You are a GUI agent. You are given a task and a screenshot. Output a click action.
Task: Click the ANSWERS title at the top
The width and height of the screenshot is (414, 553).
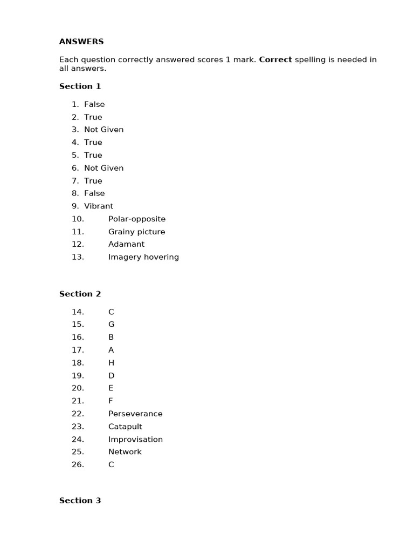pyautogui.click(x=81, y=42)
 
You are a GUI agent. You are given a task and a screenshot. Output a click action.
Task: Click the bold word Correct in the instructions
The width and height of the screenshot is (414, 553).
pyautogui.click(x=275, y=59)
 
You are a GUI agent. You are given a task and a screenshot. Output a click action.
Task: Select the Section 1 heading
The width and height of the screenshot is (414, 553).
pyautogui.click(x=80, y=86)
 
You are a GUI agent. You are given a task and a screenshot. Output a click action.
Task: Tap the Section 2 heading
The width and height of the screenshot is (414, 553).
pyautogui.click(x=80, y=294)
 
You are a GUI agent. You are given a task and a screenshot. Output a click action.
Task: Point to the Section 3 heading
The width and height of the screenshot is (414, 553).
pyautogui.click(x=80, y=501)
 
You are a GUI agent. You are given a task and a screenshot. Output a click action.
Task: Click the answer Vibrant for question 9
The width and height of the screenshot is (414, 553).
pyautogui.click(x=99, y=206)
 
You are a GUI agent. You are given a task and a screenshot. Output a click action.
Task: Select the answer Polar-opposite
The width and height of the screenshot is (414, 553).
pyautogui.click(x=137, y=219)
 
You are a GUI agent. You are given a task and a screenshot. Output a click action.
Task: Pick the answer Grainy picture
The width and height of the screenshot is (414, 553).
pyautogui.click(x=136, y=232)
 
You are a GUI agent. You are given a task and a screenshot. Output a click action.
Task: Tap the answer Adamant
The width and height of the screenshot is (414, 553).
pyautogui.click(x=126, y=244)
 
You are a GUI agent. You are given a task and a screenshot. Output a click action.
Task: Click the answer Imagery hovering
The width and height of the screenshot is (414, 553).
pyautogui.click(x=143, y=257)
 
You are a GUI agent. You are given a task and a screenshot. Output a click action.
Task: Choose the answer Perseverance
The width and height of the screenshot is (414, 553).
pyautogui.click(x=135, y=414)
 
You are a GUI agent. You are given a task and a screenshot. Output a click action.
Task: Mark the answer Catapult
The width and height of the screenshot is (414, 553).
pyautogui.click(x=125, y=427)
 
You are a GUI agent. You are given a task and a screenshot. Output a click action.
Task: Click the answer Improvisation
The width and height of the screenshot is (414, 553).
pyautogui.click(x=135, y=440)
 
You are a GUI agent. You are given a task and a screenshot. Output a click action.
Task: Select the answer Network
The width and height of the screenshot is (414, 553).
pyautogui.click(x=125, y=452)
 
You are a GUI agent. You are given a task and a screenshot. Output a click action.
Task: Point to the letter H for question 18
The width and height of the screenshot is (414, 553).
pyautogui.click(x=111, y=363)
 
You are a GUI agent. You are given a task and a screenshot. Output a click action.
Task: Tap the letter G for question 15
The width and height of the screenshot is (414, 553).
pyautogui.click(x=111, y=325)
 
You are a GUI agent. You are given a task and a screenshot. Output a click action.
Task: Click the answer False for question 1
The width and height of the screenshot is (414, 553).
pyautogui.click(x=94, y=104)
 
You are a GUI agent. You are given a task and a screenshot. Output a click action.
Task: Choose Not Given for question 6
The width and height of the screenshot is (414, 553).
pyautogui.click(x=103, y=168)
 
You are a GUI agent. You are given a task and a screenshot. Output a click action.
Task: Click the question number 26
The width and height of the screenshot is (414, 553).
pyautogui.click(x=78, y=465)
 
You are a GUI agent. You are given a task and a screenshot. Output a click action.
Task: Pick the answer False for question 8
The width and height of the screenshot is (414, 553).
pyautogui.click(x=94, y=193)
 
